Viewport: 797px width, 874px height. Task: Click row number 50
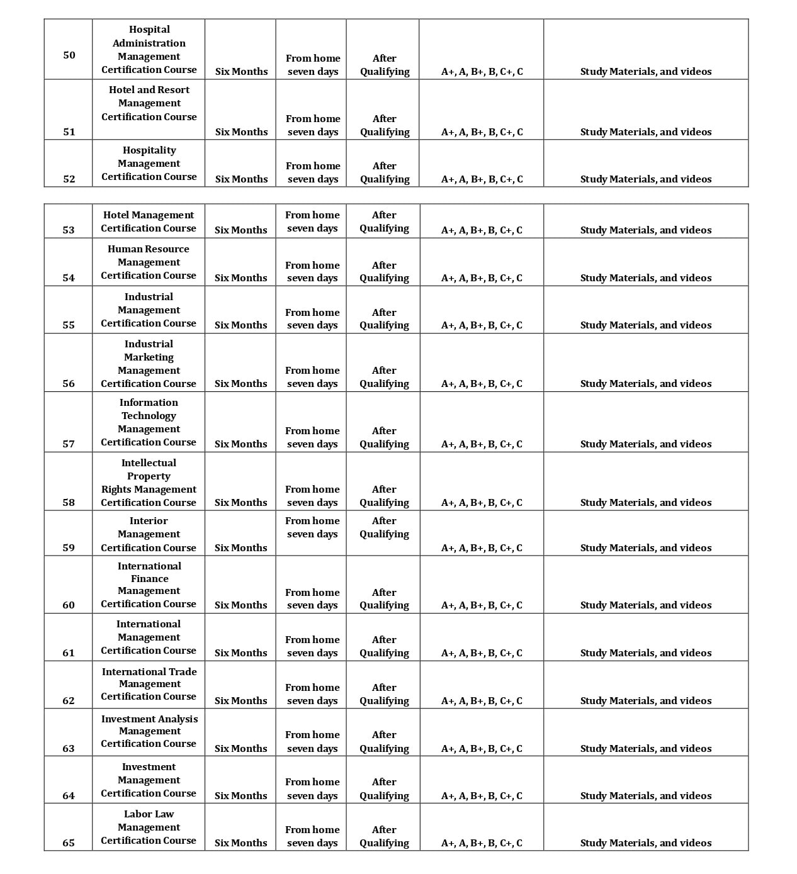69,55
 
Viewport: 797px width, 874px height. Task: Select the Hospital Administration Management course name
149,50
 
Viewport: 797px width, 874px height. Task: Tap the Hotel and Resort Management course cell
149,103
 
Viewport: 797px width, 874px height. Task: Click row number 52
69,179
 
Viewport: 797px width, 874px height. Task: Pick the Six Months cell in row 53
240,230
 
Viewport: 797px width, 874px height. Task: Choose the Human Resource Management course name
149,262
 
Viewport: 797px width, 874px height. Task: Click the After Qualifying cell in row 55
384,319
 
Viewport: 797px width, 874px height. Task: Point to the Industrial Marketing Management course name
149,364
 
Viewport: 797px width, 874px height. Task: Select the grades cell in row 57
482,444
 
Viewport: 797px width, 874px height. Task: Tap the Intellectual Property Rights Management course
149,483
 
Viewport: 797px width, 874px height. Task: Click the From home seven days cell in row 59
312,527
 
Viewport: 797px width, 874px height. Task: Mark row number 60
69,605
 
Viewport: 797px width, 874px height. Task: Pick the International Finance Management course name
149,585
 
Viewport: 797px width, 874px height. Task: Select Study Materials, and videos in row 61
646,653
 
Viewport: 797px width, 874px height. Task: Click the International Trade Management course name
149,684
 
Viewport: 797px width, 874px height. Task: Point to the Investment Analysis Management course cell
149,731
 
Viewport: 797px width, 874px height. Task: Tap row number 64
69,796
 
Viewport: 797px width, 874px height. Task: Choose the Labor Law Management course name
149,827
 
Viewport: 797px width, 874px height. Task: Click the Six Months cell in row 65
240,843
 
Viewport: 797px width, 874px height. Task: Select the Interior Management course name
149,534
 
